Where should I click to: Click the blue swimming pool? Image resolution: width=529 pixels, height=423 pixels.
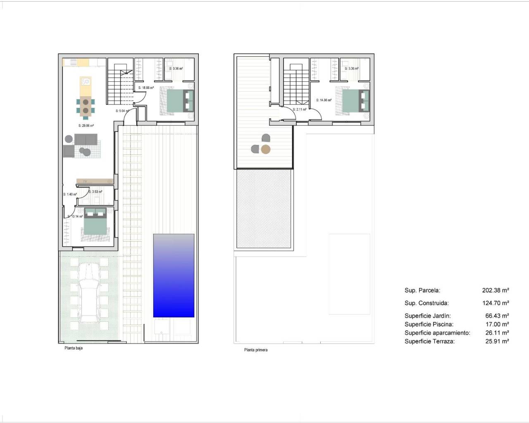click(x=174, y=276)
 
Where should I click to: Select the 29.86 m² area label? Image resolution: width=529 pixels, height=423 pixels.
click(x=86, y=126)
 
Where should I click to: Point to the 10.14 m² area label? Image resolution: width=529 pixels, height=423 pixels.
click(x=75, y=216)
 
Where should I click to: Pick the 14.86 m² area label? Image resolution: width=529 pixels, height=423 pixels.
click(x=324, y=100)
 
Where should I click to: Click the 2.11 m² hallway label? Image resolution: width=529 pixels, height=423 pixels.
click(x=300, y=110)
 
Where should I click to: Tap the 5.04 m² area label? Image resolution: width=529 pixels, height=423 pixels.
click(x=122, y=111)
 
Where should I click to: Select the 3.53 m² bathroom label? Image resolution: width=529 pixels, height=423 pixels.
click(x=95, y=192)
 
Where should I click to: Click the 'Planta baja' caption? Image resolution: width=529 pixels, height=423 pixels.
click(x=74, y=348)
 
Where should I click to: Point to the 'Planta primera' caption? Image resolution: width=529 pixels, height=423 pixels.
click(x=256, y=350)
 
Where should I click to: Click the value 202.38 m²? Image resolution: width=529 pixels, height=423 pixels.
click(x=496, y=290)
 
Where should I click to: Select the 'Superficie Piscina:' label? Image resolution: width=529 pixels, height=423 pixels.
click(x=429, y=324)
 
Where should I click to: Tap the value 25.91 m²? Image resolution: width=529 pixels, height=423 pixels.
click(x=497, y=341)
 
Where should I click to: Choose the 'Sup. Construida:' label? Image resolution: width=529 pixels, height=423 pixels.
click(x=427, y=303)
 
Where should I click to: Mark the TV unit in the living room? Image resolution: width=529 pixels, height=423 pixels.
click(x=95, y=181)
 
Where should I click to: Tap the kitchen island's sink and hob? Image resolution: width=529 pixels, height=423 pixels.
click(x=85, y=81)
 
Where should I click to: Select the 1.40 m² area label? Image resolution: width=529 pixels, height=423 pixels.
click(x=70, y=195)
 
